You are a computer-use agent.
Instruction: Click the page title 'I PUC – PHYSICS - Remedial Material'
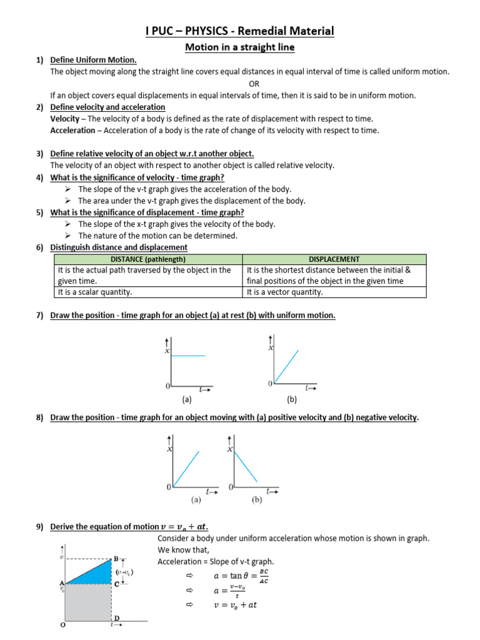(240, 31)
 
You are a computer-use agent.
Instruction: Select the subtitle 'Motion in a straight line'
(239, 47)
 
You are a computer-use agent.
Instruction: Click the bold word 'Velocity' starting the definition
(64, 119)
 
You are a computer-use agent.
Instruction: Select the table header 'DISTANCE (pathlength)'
(148, 259)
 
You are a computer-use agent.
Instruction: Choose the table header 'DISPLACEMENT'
(334, 259)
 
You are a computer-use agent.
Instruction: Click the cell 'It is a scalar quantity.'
(95, 292)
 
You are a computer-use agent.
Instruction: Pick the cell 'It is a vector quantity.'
(285, 292)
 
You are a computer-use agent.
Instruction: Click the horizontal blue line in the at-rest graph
(188, 356)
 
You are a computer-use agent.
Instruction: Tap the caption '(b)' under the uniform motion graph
(292, 399)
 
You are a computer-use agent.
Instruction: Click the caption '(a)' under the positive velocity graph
(196, 500)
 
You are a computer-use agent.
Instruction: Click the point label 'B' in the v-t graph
(116, 558)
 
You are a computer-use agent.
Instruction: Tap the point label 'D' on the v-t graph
(116, 618)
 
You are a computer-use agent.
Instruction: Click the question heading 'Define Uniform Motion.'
(93, 60)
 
